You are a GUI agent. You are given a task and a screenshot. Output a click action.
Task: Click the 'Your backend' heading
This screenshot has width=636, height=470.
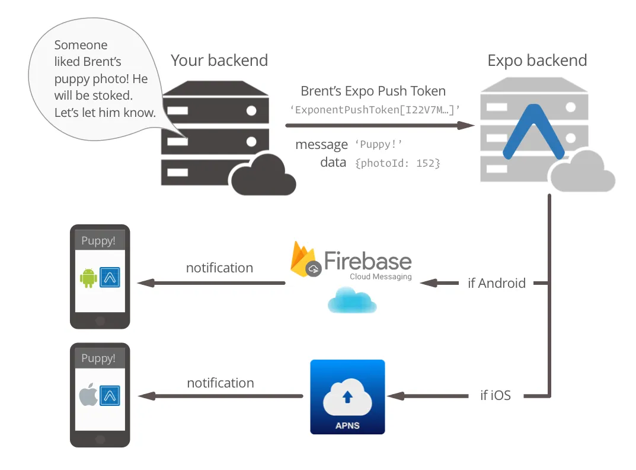tap(219, 61)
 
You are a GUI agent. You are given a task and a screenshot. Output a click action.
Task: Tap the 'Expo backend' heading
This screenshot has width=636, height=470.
tap(537, 61)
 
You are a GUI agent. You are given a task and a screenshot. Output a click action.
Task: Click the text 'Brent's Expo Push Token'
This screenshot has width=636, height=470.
tap(373, 91)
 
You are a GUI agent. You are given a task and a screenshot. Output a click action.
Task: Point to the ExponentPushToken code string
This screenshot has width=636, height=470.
tap(375, 109)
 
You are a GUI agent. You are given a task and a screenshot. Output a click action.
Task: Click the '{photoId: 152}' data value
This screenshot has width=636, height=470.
tap(397, 163)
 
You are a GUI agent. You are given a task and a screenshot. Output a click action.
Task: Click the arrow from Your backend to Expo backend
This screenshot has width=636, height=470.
tap(379, 125)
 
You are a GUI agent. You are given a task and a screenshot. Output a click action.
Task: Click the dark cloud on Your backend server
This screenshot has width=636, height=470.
tap(263, 175)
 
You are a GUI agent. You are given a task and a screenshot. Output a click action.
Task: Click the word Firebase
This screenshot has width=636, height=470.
tap(367, 261)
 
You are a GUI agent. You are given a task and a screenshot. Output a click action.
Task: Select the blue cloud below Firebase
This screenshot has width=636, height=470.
tap(352, 300)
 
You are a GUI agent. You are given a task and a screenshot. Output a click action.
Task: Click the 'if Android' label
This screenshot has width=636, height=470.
tap(496, 283)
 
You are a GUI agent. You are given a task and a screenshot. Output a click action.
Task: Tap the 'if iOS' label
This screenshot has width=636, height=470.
tap(495, 395)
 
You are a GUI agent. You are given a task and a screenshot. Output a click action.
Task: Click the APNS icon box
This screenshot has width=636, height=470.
tap(347, 397)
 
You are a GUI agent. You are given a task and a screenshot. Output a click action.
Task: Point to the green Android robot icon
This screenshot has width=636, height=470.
tap(88, 277)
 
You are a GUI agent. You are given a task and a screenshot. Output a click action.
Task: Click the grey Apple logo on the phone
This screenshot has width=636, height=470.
tap(88, 395)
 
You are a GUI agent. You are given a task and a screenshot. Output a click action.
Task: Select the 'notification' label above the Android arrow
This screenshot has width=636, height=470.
tap(219, 268)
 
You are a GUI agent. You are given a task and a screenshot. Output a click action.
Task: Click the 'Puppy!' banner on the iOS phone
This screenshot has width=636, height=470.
tap(99, 358)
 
